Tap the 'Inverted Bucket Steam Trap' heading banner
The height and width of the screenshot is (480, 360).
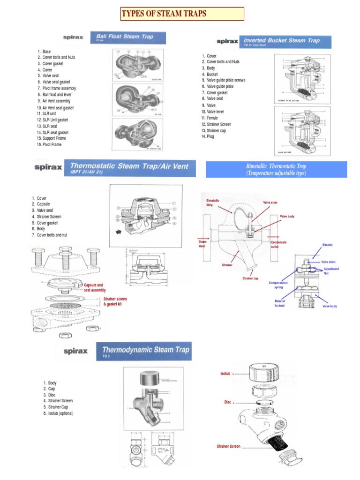pyautogui.click(x=285, y=41)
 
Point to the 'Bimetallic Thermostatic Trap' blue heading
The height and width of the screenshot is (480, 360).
pyautogui.click(x=276, y=169)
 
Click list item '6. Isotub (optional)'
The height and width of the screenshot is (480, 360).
pyautogui.click(x=58, y=413)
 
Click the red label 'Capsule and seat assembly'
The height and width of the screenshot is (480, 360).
pyautogui.click(x=95, y=287)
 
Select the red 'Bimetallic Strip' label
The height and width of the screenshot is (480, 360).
pyautogui.click(x=214, y=203)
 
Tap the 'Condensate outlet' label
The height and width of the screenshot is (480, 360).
pyautogui.click(x=278, y=244)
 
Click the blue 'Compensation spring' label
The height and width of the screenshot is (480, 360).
pyautogui.click(x=277, y=285)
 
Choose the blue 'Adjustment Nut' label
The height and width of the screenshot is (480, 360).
pyautogui.click(x=331, y=271)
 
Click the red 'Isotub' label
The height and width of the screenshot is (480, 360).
pyautogui.click(x=225, y=374)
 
